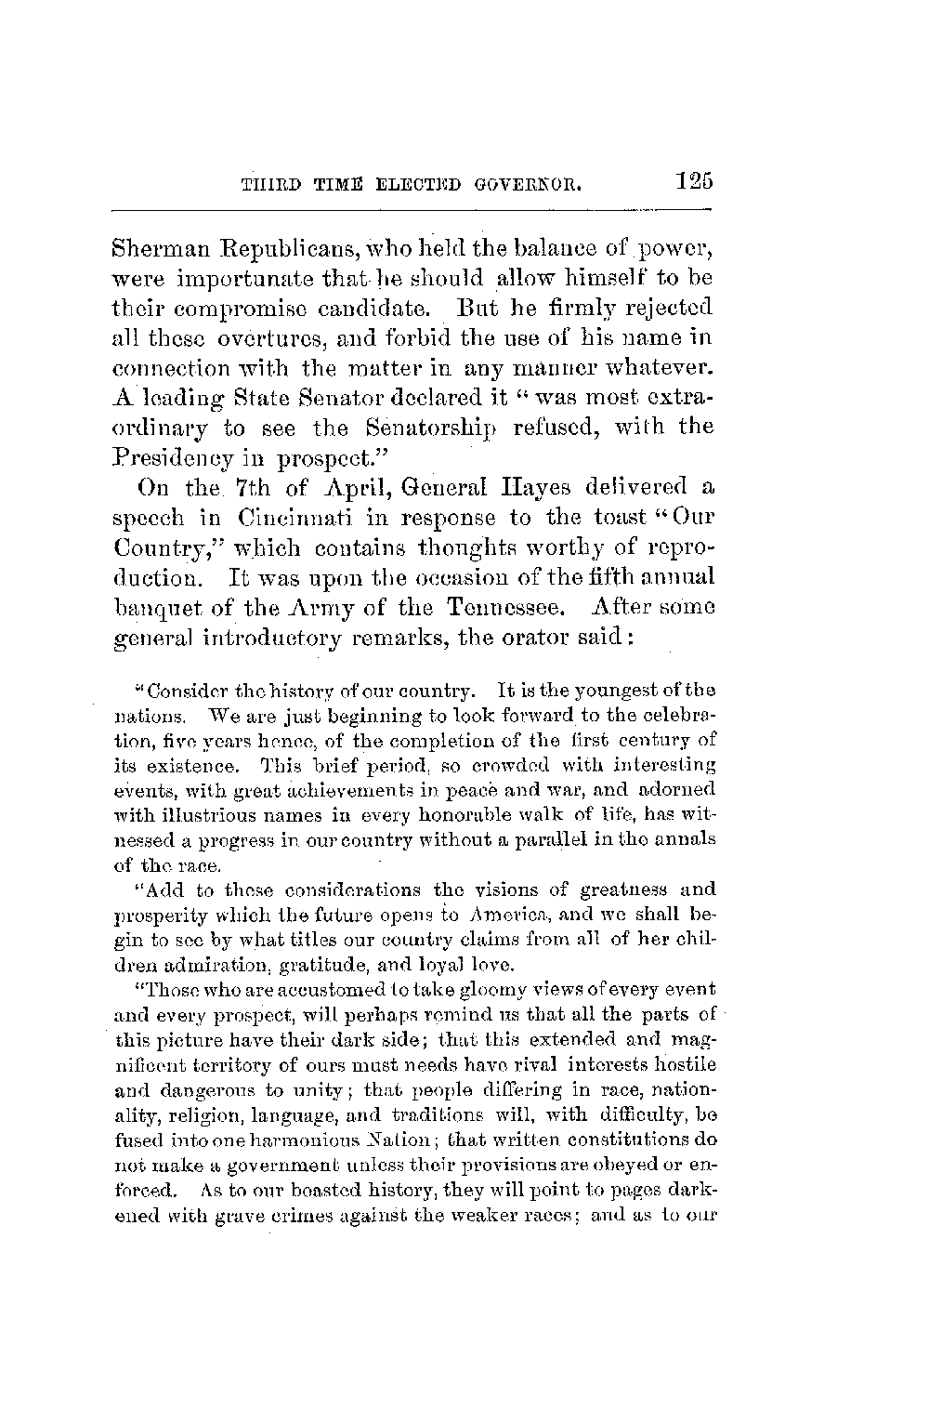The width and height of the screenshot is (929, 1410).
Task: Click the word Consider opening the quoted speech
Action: (181, 691)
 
